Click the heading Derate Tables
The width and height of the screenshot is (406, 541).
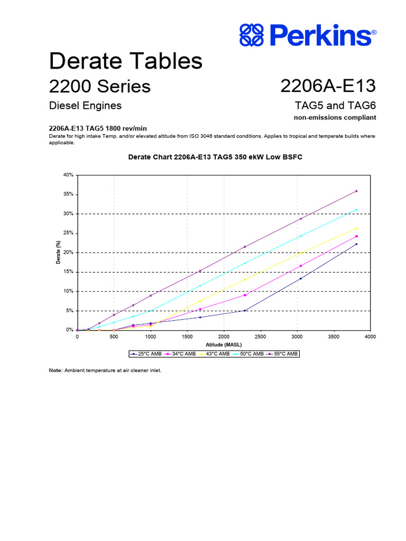tap(126, 61)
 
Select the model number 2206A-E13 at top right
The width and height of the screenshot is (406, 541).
tap(328, 86)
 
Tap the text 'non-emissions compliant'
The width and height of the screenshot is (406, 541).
tap(335, 117)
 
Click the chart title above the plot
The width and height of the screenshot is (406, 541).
tap(215, 157)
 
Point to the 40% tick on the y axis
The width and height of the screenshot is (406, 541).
tap(68, 175)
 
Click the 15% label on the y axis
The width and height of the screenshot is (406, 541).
tap(68, 272)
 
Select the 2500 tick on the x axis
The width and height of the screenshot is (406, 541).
tap(260, 336)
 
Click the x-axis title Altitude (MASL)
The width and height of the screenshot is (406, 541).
tap(223, 344)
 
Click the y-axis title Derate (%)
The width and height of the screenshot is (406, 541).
tap(59, 252)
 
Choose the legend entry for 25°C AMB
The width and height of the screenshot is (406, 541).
tap(146, 354)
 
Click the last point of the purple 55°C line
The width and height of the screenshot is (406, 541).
tap(357, 191)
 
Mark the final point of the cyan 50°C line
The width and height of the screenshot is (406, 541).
tap(357, 209)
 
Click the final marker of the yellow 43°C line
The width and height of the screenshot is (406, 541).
tap(357, 228)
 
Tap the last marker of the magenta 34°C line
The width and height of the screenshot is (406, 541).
tap(357, 236)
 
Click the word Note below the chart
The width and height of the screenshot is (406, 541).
tap(56, 370)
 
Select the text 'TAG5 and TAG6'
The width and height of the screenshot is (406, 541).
tap(336, 105)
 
